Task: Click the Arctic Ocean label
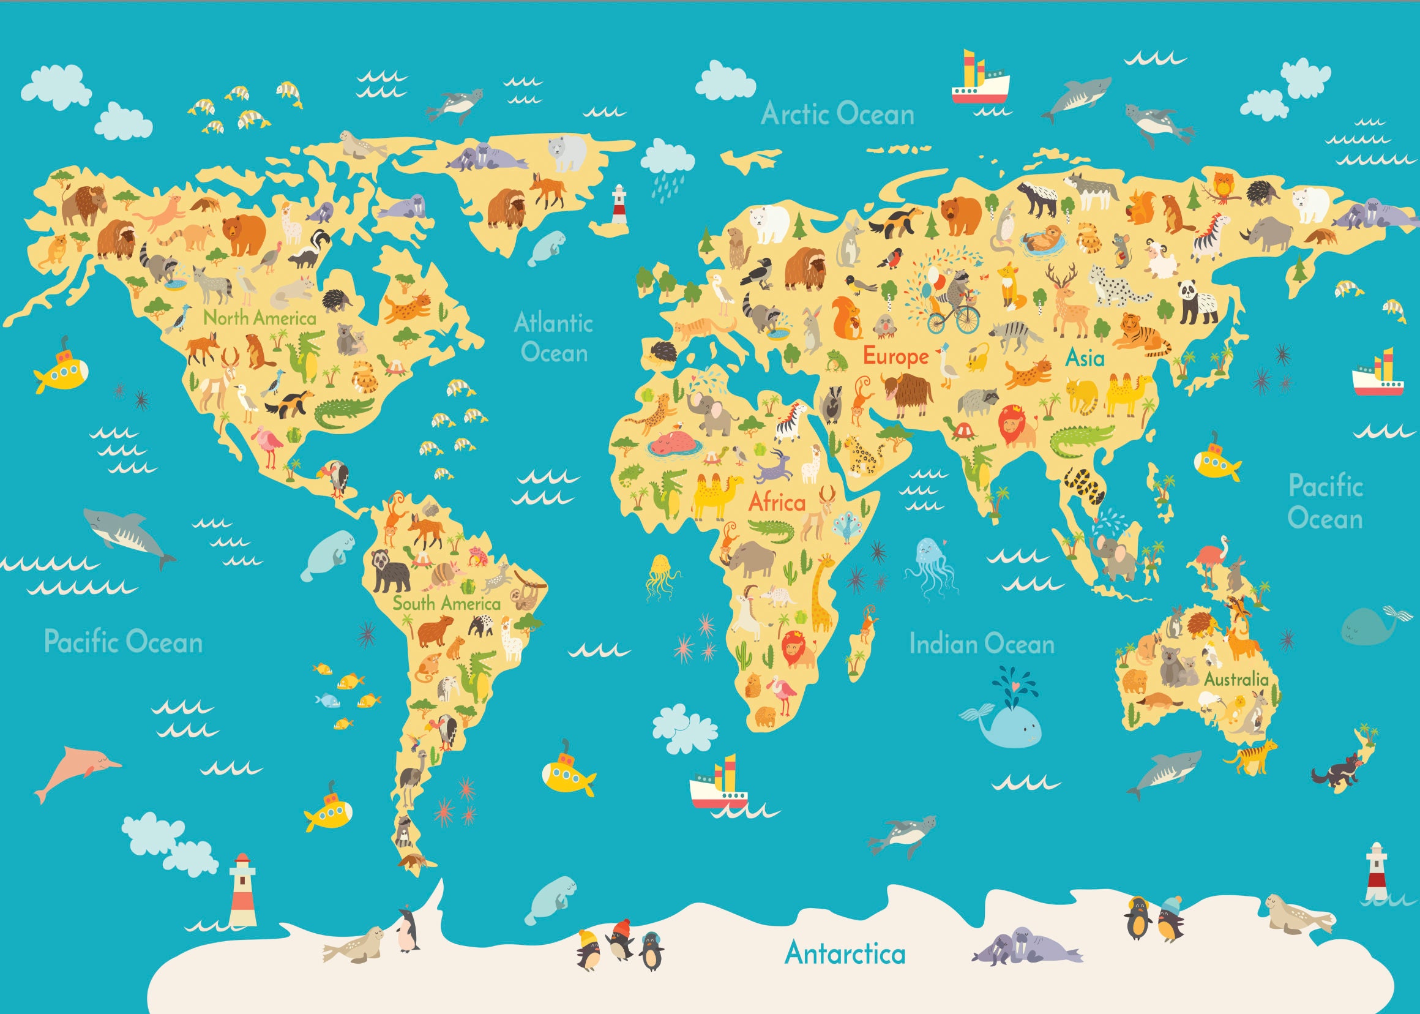[x=837, y=115]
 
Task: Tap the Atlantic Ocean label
[x=554, y=338]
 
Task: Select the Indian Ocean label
[x=981, y=644]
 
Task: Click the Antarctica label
[x=845, y=953]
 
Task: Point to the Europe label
[x=895, y=356]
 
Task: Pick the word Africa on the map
[x=777, y=502]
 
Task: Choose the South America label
[x=446, y=603]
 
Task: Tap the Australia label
[x=1235, y=678]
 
